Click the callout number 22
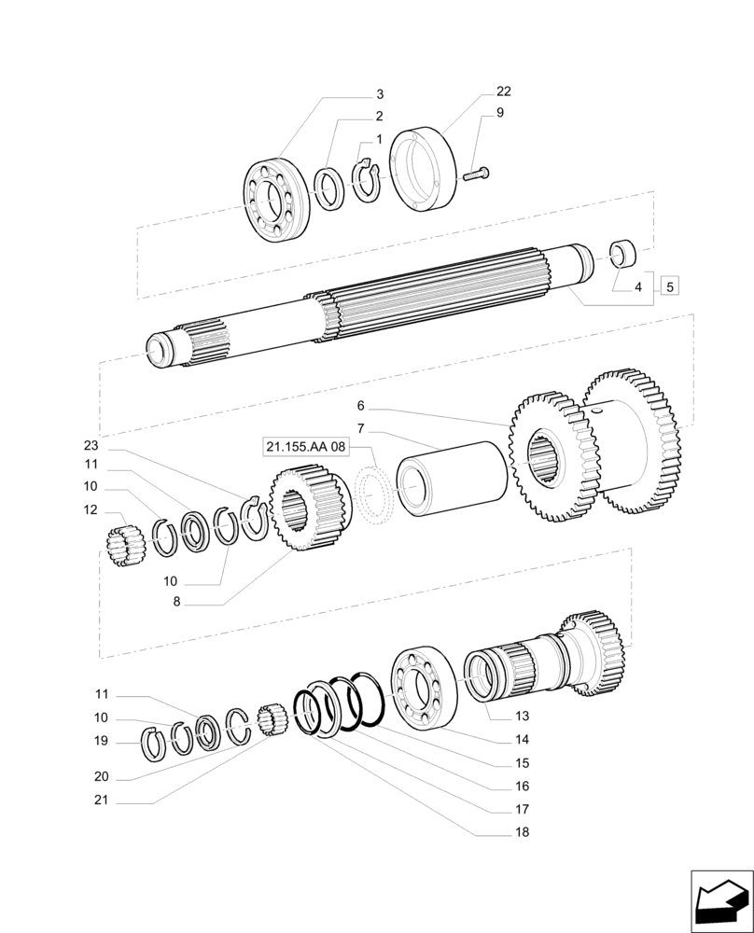pyautogui.click(x=503, y=91)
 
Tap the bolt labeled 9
pyautogui.click(x=478, y=173)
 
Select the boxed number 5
pyautogui.click(x=669, y=286)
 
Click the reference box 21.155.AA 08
pyautogui.click(x=305, y=448)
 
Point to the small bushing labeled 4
pyautogui.click(x=622, y=253)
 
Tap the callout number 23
pyautogui.click(x=90, y=445)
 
